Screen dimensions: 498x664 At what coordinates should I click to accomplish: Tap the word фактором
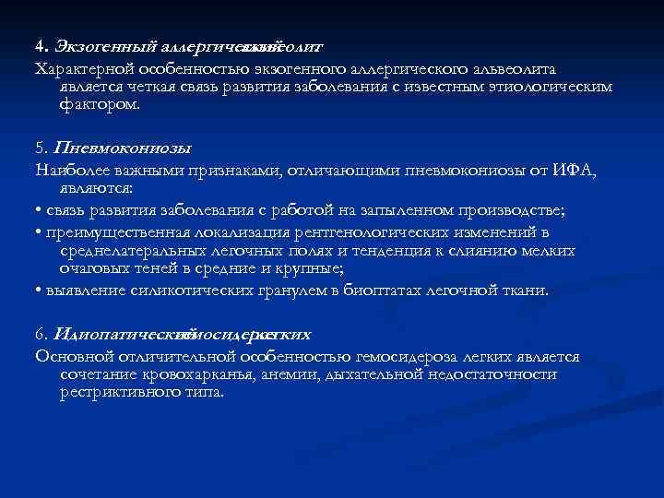pos(100,104)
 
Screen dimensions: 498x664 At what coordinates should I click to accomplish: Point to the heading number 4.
pos(41,45)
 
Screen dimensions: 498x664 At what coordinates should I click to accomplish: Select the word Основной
pos(69,355)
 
